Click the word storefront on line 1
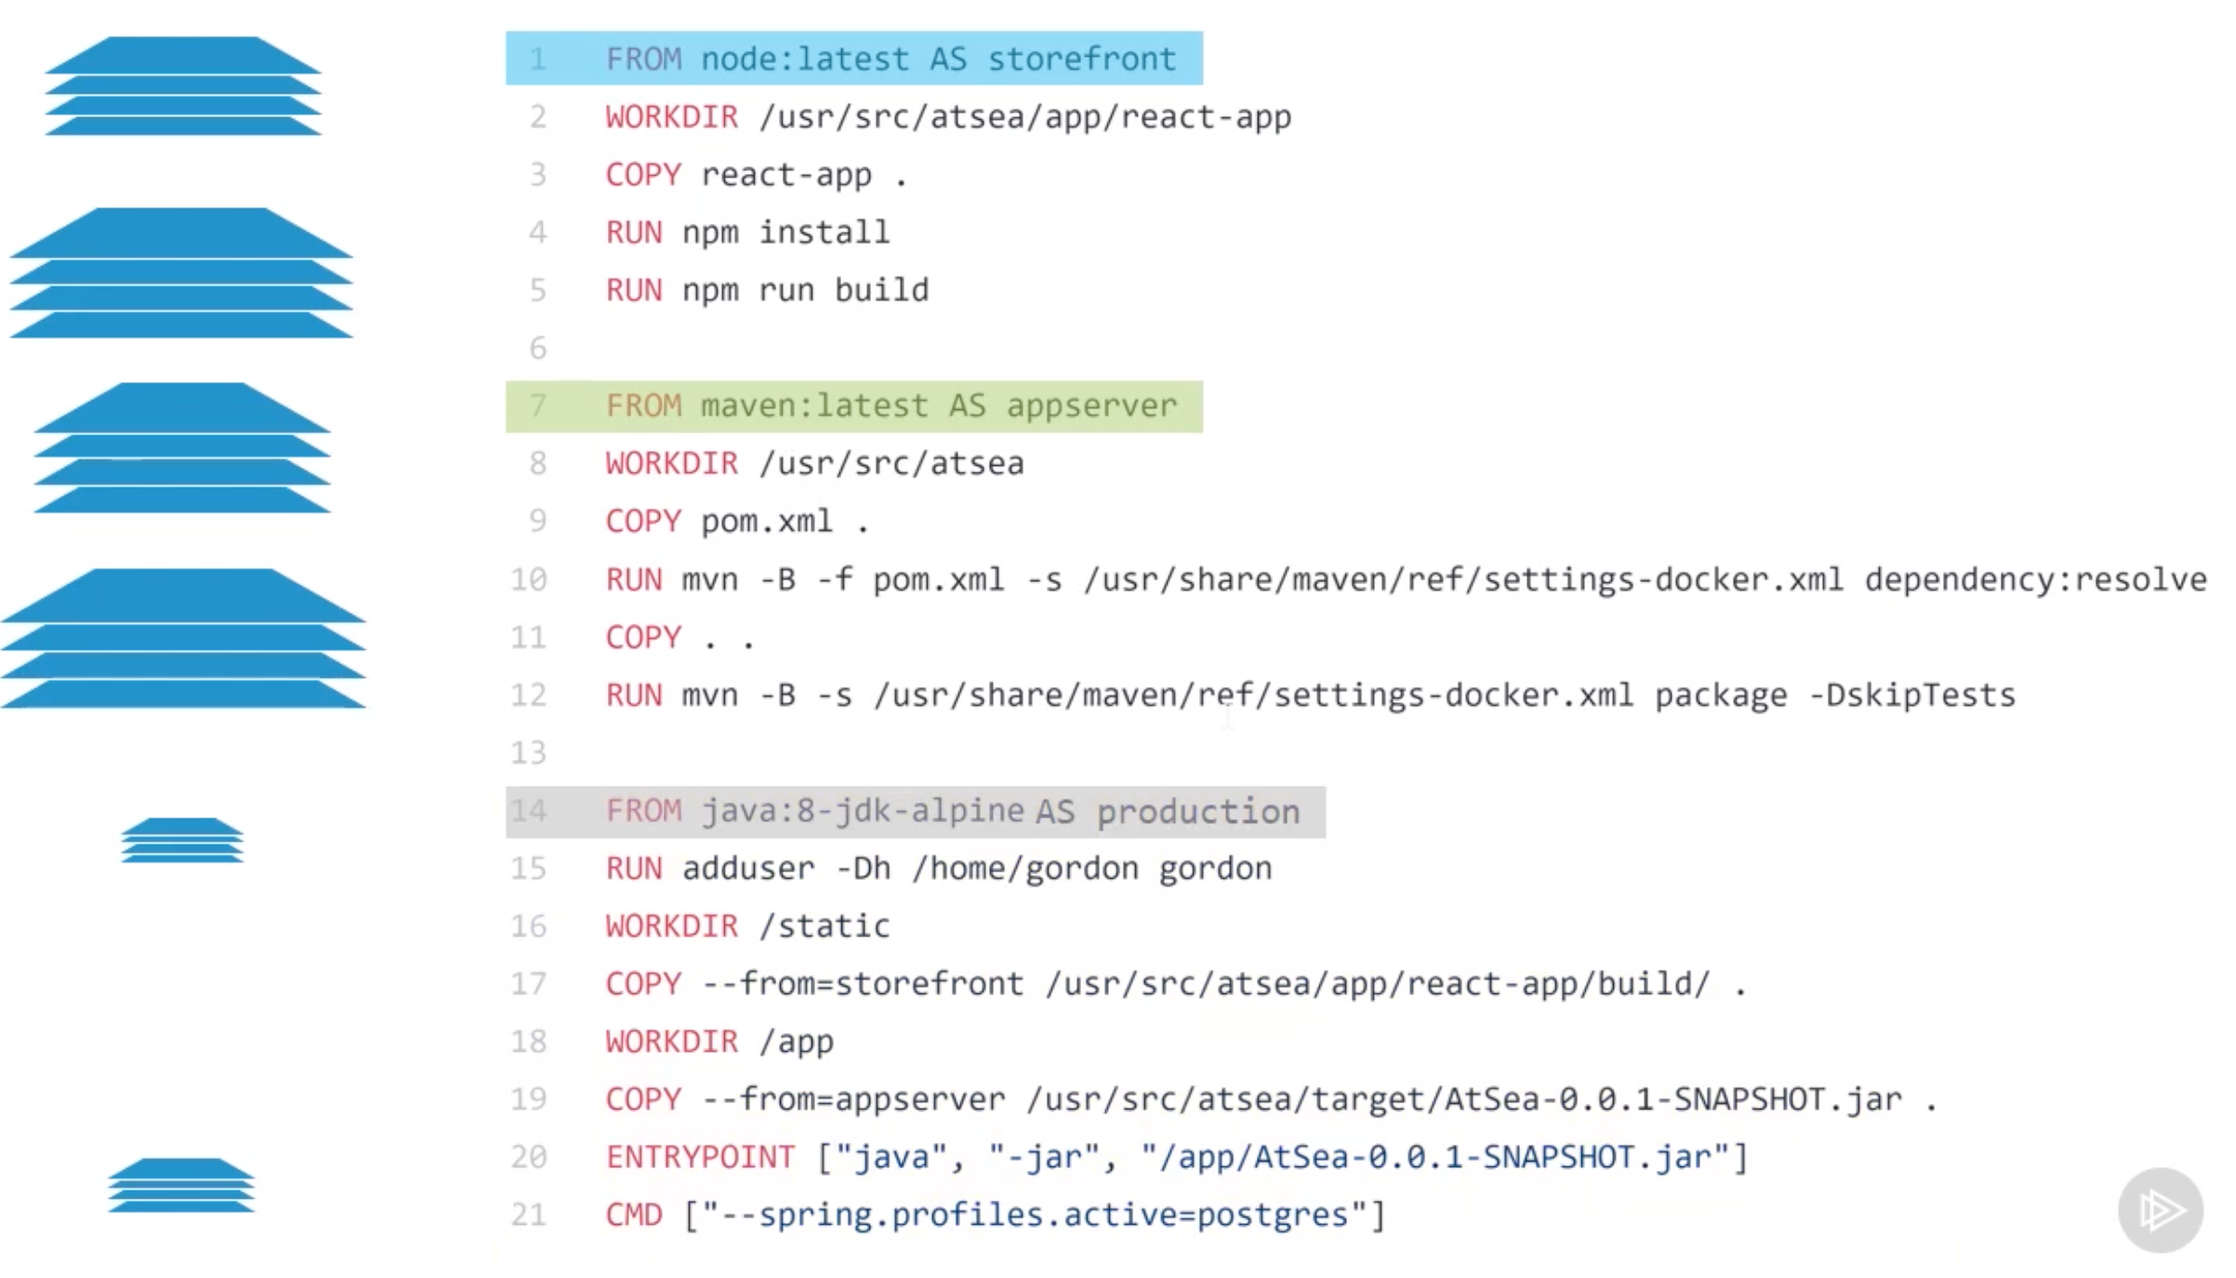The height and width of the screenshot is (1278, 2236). (1081, 59)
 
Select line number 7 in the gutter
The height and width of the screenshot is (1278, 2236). (537, 406)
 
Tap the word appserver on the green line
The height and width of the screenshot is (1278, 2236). (1091, 406)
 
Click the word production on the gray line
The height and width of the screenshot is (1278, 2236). (1197, 812)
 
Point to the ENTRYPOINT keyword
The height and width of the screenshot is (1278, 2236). (700, 1157)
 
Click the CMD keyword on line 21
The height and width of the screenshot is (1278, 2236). (633, 1215)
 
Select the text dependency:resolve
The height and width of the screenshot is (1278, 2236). (2035, 580)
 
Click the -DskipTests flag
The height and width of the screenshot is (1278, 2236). (1912, 696)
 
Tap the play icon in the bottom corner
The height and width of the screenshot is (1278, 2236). (2159, 1210)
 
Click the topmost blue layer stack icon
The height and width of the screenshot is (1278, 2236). (183, 87)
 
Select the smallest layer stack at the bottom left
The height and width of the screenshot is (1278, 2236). (181, 1185)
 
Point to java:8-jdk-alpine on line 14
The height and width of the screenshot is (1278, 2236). (862, 812)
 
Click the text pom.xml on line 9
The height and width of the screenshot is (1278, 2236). (766, 522)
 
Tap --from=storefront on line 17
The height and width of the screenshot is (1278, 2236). (862, 984)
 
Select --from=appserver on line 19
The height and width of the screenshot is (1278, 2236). (853, 1100)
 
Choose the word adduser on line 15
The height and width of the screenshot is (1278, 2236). (747, 869)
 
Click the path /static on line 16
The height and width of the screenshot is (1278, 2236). (824, 927)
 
